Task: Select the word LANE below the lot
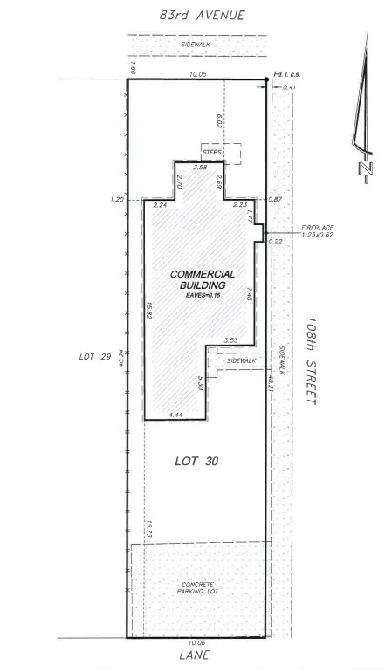click(x=196, y=655)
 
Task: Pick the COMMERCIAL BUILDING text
click(x=203, y=279)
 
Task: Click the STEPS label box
click(x=213, y=153)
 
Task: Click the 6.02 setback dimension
click(x=219, y=120)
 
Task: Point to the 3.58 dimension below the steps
click(x=200, y=167)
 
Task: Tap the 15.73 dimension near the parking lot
click(x=149, y=526)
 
